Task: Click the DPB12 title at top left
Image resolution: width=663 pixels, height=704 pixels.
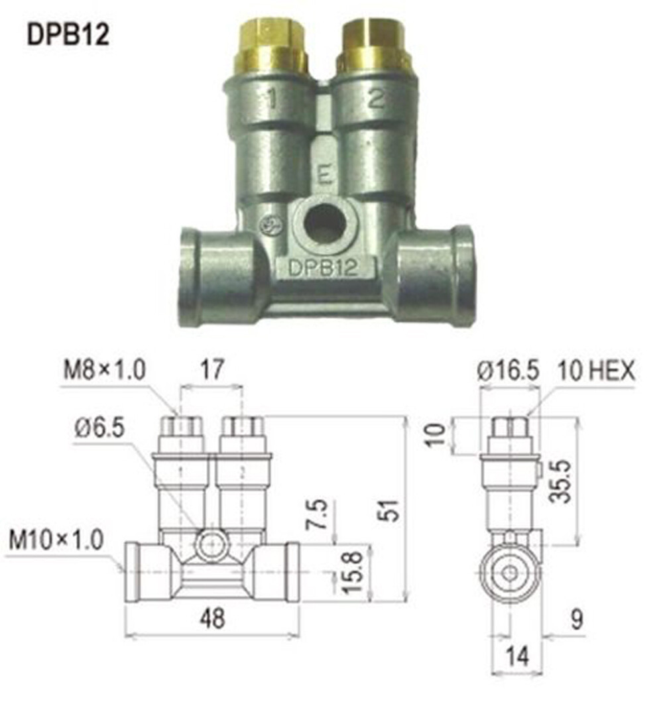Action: click(68, 34)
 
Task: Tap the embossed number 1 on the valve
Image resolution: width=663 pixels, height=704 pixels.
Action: click(271, 99)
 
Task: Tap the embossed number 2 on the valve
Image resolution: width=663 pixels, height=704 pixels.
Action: click(375, 99)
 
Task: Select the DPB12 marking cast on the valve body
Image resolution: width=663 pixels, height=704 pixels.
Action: click(323, 268)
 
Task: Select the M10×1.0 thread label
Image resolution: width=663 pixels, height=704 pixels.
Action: click(56, 540)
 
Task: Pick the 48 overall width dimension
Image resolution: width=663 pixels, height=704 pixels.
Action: click(211, 618)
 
